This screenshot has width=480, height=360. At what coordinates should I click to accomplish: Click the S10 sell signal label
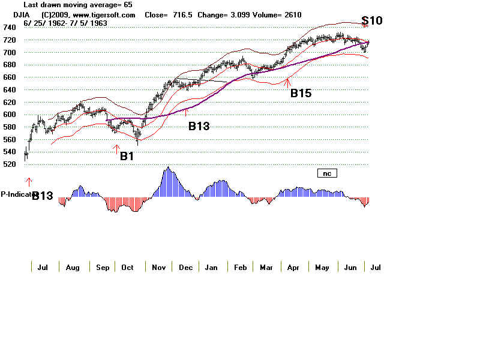point(372,21)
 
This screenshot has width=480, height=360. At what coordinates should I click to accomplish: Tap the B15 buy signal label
point(301,93)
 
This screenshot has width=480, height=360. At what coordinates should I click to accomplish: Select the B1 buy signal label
point(127,156)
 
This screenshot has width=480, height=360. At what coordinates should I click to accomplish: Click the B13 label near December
point(200,125)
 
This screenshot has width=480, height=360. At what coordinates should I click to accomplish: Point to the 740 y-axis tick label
point(10,28)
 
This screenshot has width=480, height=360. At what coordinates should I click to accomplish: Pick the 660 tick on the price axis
point(10,77)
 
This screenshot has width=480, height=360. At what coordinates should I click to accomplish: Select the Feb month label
point(240,268)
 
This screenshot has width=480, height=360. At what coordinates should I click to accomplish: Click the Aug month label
point(73,268)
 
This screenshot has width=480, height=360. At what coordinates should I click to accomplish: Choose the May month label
point(323,268)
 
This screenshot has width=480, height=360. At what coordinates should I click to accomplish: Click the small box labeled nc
point(328,173)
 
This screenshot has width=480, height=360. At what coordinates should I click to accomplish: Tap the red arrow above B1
point(117,149)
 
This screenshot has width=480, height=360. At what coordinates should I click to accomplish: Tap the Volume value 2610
point(292,14)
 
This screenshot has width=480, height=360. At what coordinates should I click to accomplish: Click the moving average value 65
point(127,4)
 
